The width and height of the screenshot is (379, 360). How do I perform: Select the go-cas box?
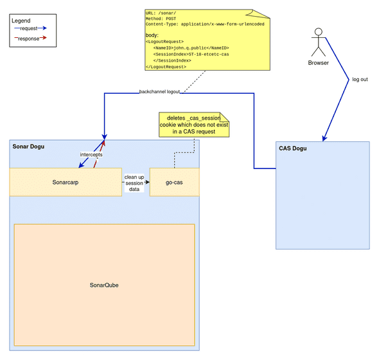174,182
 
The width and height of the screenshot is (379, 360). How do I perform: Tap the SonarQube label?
104,285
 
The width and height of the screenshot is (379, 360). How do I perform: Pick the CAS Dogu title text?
292,148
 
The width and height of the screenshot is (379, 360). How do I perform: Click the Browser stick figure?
318,42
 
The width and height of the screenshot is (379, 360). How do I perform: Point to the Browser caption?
318,63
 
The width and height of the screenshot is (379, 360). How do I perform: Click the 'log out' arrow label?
360,80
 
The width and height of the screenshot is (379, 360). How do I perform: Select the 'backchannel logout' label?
159,93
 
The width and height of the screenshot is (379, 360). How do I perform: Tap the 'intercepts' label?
91,155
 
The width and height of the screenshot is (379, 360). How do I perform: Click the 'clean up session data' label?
134,183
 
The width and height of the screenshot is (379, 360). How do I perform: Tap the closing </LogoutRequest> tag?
168,67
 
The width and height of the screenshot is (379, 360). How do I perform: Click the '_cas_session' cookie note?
193,125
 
